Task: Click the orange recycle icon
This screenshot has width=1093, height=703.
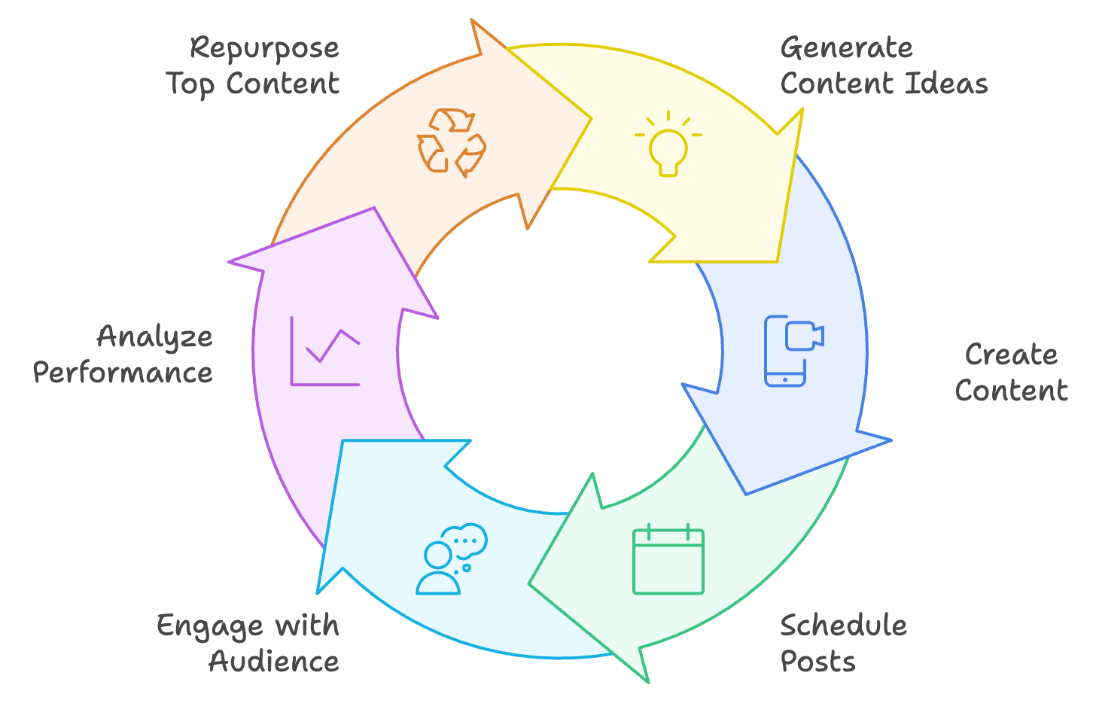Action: pos(452,142)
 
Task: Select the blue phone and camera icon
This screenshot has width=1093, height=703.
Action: pos(794,351)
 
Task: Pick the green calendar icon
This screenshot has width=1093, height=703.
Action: pos(668,559)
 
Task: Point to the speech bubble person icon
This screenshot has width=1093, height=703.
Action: pos(452,559)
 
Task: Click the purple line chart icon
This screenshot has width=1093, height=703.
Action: pos(325,351)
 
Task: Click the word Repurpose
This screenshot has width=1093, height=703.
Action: pos(264,49)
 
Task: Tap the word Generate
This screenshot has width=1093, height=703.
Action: pos(847,48)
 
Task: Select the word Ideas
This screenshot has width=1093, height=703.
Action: pos(947,84)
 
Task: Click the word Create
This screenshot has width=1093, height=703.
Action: pos(1011,355)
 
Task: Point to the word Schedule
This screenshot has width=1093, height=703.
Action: pos(844,625)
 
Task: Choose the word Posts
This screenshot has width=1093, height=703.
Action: pos(817,662)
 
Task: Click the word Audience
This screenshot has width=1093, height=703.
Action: pos(274,662)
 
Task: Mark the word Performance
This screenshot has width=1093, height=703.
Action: pos(123,373)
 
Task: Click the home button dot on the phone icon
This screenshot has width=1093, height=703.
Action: pos(784,379)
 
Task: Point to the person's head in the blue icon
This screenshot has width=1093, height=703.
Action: pos(437,555)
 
